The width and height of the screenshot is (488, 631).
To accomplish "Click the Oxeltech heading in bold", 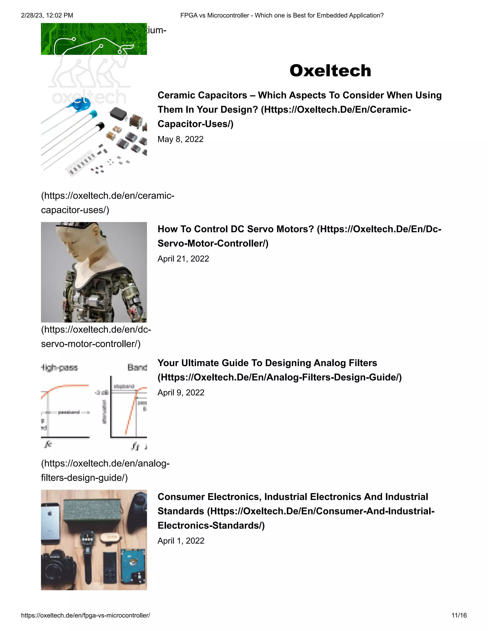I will tap(330, 70).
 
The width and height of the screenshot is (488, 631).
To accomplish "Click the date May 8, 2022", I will tap(180, 139).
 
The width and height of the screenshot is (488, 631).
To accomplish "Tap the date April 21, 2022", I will tap(183, 259).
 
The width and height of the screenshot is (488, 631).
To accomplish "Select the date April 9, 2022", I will tap(181, 392).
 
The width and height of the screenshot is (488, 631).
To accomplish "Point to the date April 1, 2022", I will tap(181, 541).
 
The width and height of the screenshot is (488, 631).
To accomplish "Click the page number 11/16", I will tap(459, 615).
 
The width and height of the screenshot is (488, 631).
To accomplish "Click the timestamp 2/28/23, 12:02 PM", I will tap(47, 15).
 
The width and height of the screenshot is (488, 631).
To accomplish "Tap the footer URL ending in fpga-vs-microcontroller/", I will tap(86, 615).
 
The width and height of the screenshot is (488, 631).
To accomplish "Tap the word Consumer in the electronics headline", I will tap(181, 497).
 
